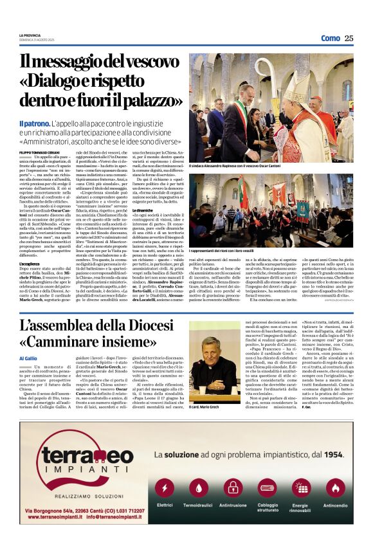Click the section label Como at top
point(330,38)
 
